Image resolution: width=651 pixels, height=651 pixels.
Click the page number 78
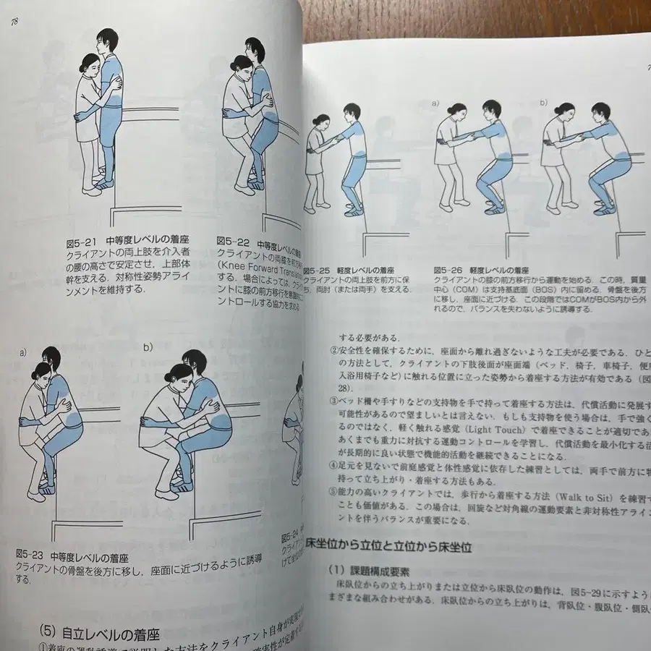click(x=14, y=22)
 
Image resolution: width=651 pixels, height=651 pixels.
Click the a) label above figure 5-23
click(x=23, y=352)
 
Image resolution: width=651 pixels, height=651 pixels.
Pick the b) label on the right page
click(x=542, y=103)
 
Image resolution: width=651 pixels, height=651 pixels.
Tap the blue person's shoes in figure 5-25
click(x=353, y=210)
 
